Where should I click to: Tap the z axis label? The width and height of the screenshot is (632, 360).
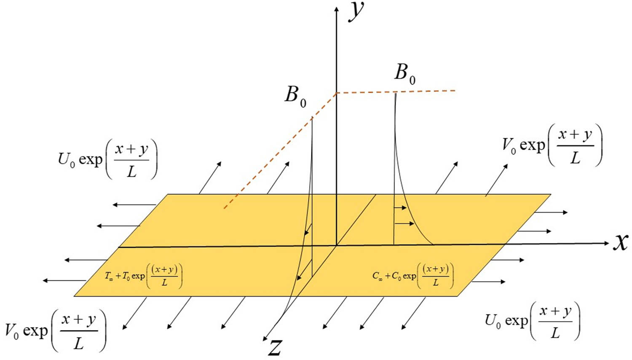pyautogui.click(x=275, y=348)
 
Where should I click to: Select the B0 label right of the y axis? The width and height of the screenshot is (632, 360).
pyautogui.click(x=405, y=74)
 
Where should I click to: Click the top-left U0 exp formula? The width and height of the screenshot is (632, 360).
pyautogui.click(x=107, y=159)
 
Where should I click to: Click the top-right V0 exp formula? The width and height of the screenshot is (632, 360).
pyautogui.click(x=552, y=145)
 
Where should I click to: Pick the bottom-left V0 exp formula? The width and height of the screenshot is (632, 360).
pyautogui.click(x=56, y=330)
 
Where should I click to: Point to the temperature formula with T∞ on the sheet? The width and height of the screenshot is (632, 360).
pyautogui.click(x=144, y=276)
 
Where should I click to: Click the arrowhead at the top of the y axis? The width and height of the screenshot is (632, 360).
pyautogui.click(x=336, y=8)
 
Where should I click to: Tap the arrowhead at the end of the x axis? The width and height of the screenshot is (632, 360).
pyautogui.click(x=607, y=243)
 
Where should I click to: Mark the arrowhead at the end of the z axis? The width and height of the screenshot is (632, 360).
pyautogui.click(x=265, y=339)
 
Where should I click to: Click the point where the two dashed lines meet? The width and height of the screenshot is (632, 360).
pyautogui.click(x=336, y=93)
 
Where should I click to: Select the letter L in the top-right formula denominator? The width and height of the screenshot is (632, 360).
pyautogui.click(x=576, y=158)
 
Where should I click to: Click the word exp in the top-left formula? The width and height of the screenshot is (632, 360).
pyautogui.click(x=90, y=160)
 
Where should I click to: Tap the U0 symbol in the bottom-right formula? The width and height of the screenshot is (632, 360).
pyautogui.click(x=493, y=321)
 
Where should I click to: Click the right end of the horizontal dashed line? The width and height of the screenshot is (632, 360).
pyautogui.click(x=455, y=91)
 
